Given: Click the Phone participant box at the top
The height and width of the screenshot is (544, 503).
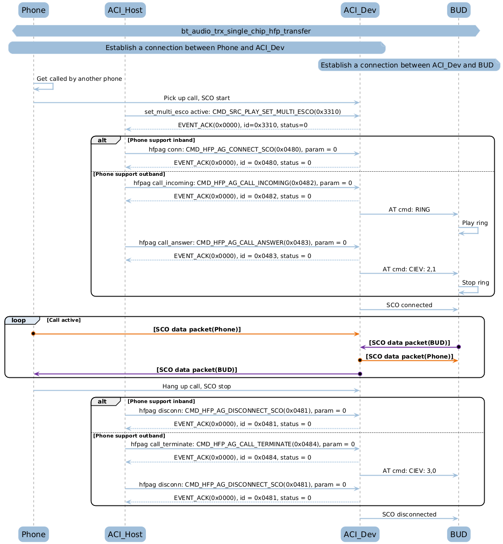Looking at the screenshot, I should [34, 10].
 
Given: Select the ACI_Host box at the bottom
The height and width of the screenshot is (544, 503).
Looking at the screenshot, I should [125, 534].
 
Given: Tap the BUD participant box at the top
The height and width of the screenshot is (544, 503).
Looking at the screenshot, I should [458, 10].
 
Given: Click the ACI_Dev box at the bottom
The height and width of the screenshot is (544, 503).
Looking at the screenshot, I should [360, 534].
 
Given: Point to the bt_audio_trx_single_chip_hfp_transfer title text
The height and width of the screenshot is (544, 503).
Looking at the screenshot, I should [246, 31].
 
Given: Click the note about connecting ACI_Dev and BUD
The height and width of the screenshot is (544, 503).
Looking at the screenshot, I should [407, 65].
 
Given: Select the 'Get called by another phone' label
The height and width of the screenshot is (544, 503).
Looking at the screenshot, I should [79, 79].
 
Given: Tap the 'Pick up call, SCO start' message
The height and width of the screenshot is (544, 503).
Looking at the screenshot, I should [196, 98].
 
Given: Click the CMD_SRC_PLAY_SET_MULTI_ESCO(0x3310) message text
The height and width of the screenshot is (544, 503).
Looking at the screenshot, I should [242, 112].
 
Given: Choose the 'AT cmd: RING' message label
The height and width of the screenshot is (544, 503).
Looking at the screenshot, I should [409, 210].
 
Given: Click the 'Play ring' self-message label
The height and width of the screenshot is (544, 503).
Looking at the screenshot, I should [475, 223].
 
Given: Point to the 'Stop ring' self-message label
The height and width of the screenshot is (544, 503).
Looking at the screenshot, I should [475, 283].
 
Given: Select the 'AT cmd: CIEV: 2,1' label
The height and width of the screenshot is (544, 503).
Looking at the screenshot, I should [409, 269].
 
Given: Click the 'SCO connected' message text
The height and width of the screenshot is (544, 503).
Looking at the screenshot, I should [409, 305].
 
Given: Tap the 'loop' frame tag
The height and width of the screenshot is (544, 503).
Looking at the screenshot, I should [19, 320].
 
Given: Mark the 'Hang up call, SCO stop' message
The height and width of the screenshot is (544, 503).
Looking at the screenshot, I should [196, 387].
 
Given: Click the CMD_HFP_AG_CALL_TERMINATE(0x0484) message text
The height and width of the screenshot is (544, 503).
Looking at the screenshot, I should [242, 444].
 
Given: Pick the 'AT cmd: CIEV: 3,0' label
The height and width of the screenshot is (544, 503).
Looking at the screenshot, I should [409, 471].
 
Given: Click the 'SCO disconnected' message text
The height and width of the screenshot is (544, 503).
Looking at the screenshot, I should [409, 515].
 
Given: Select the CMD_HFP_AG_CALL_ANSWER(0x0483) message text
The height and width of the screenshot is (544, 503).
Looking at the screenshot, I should [242, 243].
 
